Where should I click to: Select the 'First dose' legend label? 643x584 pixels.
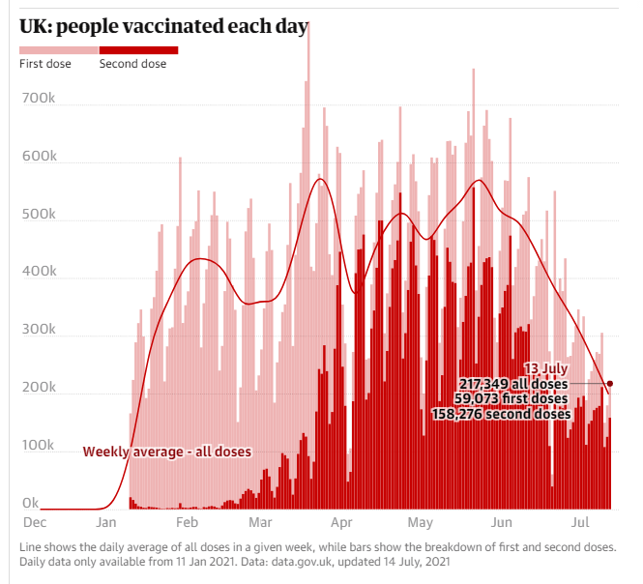click(44, 64)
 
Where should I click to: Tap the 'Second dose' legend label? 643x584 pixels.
click(132, 64)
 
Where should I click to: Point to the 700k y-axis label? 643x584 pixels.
click(38, 100)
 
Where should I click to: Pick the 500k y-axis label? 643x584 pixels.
click(38, 215)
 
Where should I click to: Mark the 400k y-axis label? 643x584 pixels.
click(38, 273)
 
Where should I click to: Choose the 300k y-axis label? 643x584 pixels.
click(38, 331)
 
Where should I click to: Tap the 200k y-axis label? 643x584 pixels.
click(38, 388)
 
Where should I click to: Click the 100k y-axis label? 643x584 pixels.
click(38, 446)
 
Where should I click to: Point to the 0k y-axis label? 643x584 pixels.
click(31, 503)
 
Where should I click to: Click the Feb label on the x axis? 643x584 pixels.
click(187, 523)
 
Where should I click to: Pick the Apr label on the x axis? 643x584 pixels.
click(340, 523)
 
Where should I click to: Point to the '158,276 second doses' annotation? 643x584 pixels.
click(502, 415)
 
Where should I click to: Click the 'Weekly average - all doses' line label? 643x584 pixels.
click(166, 452)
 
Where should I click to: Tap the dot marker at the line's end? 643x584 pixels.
click(610, 384)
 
